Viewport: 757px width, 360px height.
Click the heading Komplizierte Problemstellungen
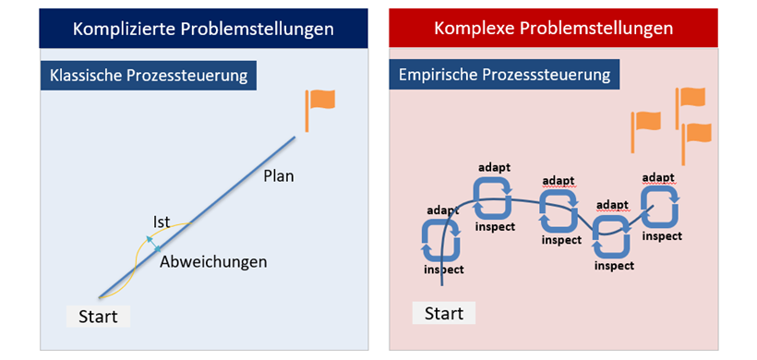point(204,29)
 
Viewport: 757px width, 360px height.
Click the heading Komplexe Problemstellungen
point(553,29)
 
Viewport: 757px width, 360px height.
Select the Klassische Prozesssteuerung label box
point(149,76)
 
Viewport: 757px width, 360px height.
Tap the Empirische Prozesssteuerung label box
point(505,73)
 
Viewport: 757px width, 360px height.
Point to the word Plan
point(278,175)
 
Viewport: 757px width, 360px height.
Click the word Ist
point(162,222)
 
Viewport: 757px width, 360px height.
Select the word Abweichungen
point(213,261)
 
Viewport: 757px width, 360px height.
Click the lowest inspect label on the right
point(614,266)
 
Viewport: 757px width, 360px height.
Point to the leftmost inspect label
point(443,270)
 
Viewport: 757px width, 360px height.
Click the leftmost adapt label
point(442,210)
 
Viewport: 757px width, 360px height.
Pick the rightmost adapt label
point(657,177)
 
